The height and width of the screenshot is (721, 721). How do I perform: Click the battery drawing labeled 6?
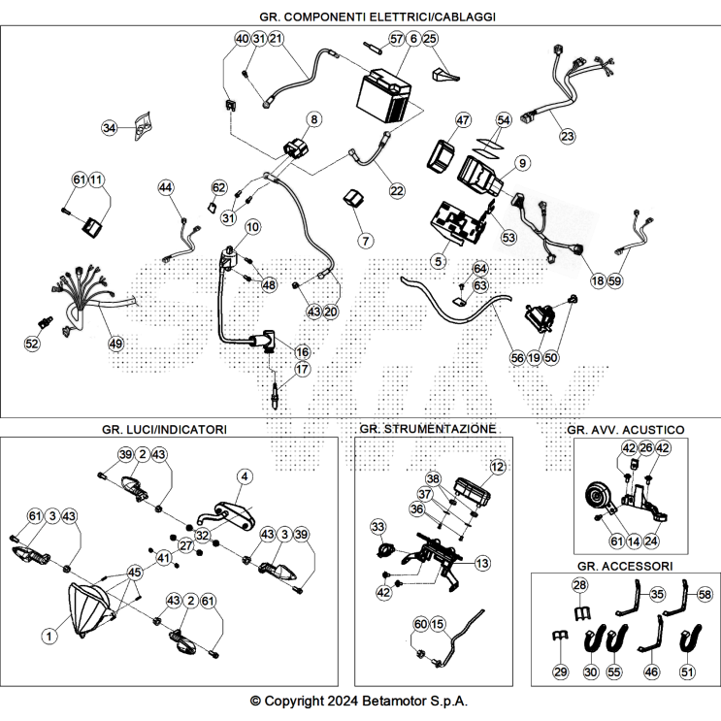click(x=384, y=96)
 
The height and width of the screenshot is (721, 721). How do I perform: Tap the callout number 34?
click(x=110, y=127)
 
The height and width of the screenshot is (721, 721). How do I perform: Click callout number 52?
click(x=32, y=343)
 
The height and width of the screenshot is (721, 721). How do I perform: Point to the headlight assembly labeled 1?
click(x=88, y=610)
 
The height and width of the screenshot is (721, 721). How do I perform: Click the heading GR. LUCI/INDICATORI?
click(x=164, y=430)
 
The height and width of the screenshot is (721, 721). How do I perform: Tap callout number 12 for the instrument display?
click(x=497, y=467)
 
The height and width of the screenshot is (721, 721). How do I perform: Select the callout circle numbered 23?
click(x=568, y=136)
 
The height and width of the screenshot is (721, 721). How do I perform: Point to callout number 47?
click(x=463, y=120)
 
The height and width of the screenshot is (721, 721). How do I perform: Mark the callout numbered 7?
click(x=366, y=241)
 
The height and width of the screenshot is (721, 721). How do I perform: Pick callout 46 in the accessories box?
click(x=651, y=672)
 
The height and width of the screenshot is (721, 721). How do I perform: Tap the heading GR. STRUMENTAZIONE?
click(x=428, y=429)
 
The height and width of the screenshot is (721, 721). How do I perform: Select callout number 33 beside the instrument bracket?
click(x=378, y=527)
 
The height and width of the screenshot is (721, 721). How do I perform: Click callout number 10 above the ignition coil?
click(x=252, y=227)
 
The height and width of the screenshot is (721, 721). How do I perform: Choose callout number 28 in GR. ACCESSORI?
click(x=580, y=585)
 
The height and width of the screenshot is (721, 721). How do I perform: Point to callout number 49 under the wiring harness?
click(x=115, y=343)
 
